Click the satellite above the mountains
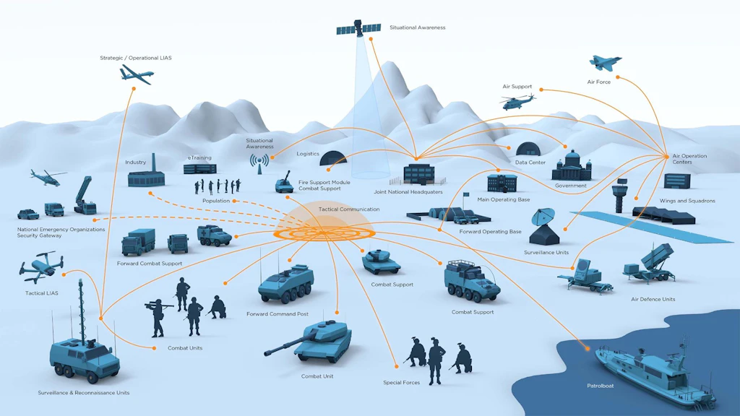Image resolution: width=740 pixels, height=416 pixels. point(358,29)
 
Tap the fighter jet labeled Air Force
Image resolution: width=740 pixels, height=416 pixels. point(605,64)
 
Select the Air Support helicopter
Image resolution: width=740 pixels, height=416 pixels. point(518,101)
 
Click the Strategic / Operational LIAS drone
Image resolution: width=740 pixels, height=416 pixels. point(137,74)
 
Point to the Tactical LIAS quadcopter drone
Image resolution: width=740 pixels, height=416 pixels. point(41,267)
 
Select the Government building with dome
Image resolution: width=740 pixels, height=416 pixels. point(572,166)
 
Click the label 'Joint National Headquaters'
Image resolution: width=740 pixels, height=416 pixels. point(408,192)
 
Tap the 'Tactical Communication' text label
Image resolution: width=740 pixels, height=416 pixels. point(349,209)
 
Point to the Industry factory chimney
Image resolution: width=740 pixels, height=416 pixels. point(154,163)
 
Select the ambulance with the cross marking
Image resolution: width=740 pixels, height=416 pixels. point(214,235)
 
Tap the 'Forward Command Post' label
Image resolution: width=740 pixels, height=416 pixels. point(277,314)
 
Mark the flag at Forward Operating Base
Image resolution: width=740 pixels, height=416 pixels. point(466,194)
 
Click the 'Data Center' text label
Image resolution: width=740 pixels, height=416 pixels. point(530,162)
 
